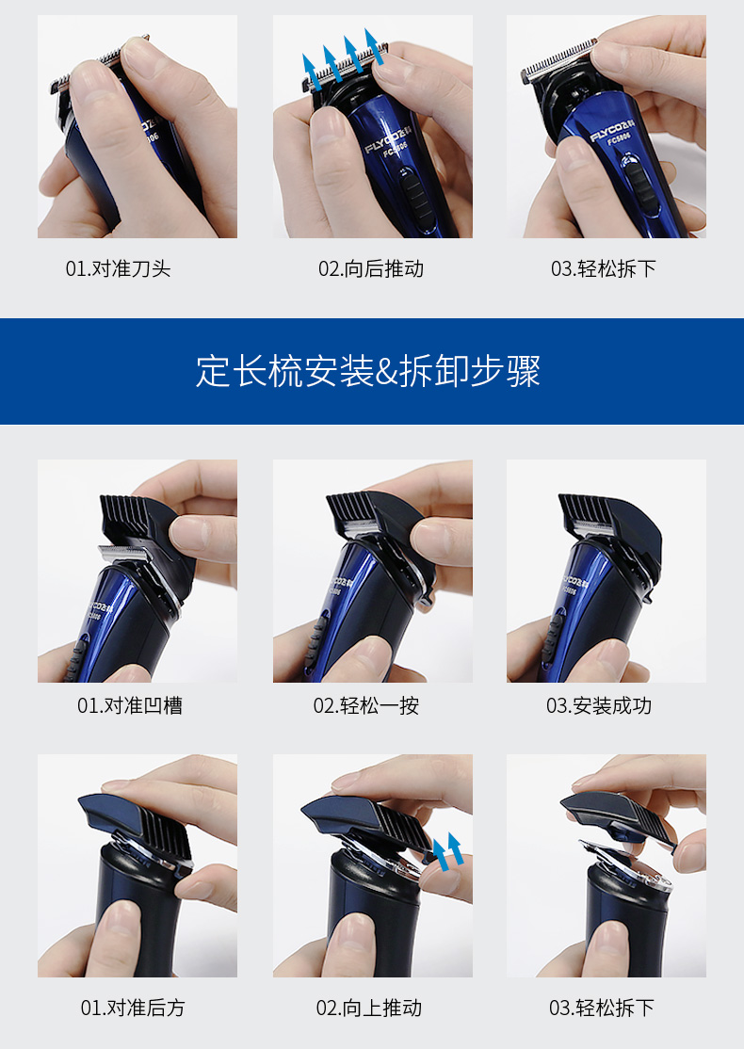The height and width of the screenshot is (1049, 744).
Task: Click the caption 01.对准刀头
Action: click(x=118, y=269)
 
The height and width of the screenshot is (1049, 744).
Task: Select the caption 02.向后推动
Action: click(x=371, y=269)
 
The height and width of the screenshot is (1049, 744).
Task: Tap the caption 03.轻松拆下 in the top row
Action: click(x=604, y=269)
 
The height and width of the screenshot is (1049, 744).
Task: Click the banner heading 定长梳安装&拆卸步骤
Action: click(x=368, y=371)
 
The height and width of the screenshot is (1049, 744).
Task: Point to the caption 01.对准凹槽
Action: click(x=130, y=705)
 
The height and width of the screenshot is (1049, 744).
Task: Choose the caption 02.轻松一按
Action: click(x=366, y=705)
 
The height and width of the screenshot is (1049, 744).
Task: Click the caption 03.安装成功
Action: click(x=599, y=705)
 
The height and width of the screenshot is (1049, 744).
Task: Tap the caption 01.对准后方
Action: click(x=133, y=1008)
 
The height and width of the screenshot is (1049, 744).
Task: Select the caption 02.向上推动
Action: click(x=369, y=1008)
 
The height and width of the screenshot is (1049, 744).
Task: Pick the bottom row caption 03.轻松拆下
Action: click(x=602, y=1008)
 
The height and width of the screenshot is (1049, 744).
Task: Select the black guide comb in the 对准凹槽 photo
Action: click(x=141, y=524)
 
